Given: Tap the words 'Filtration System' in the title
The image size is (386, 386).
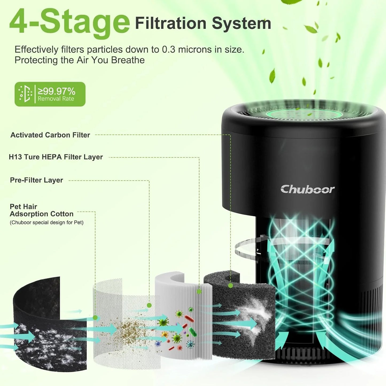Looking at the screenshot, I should [203, 24].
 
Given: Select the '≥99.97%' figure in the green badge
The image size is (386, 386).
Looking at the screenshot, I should [56, 91].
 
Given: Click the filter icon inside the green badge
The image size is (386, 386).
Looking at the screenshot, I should [25, 94].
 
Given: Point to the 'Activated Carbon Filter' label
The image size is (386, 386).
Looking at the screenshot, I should [50, 135].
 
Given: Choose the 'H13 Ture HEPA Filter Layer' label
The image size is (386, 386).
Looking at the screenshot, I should [56, 157].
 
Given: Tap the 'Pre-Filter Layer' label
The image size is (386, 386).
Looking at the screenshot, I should [36, 180].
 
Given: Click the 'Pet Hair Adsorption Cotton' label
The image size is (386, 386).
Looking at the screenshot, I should [41, 210].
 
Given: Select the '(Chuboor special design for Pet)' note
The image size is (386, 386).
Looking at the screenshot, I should [46, 223].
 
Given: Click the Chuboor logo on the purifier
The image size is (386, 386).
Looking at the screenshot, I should [307, 189].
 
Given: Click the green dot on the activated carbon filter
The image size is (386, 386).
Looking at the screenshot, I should [231, 286].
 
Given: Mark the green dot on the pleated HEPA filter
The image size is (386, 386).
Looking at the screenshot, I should [199, 292].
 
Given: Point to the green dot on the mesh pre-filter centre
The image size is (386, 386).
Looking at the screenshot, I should [149, 305].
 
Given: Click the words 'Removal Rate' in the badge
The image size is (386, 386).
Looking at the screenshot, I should [56, 99].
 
